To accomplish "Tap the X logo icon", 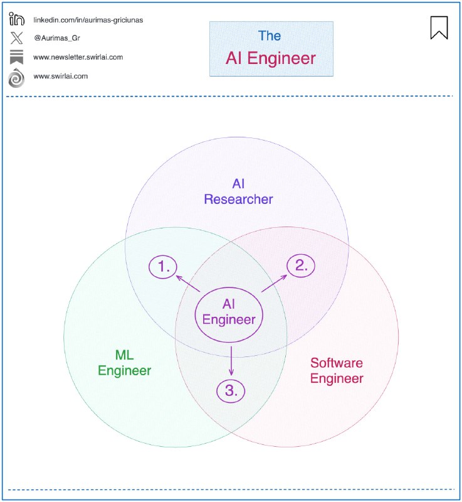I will point(16,38).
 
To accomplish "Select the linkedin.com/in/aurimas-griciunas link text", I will point(88,19).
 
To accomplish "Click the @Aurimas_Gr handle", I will point(56,38).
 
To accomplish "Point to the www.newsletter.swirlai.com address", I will point(78,57).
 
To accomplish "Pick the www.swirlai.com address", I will point(60,76).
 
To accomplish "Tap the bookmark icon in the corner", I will point(439,27).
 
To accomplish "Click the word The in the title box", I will point(271,36).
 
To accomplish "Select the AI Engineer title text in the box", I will point(271,59).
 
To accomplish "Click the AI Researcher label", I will point(238,191).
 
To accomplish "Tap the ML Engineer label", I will point(124,363).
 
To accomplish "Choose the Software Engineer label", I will point(337,370).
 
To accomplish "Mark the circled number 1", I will point(164,267).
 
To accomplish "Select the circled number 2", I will point(302,265).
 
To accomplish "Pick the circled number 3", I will point(231,390).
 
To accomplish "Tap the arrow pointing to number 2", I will point(273,282).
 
